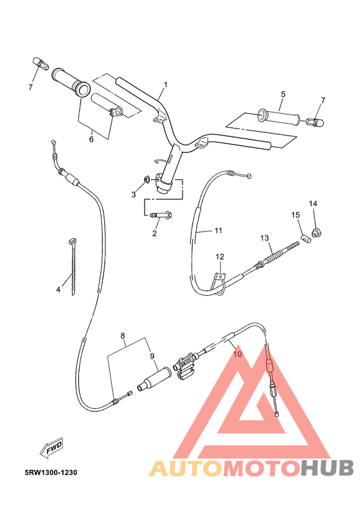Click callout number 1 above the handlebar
point(165,85)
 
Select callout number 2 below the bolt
point(154,233)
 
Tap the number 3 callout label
point(134,194)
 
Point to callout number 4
point(58,290)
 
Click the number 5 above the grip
point(282,94)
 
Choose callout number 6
point(91,139)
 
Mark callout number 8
point(122,335)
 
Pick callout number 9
point(152,356)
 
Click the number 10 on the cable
point(237,353)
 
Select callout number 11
point(218,230)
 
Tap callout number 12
point(219,257)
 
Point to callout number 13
point(264,238)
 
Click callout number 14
point(313,204)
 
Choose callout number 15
point(296,215)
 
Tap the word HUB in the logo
point(325,467)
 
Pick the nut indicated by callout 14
point(316,231)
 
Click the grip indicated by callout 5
point(278,117)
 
